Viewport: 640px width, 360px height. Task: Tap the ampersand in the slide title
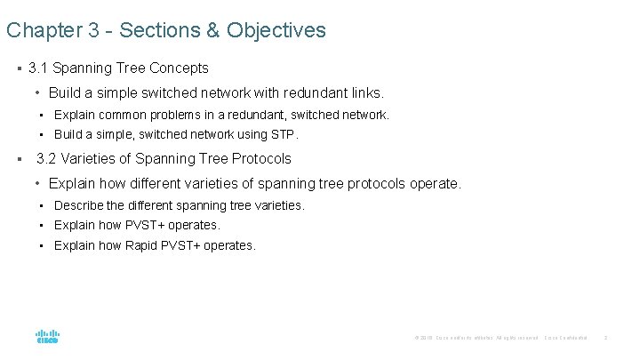coord(212,30)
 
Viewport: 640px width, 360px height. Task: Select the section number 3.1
coord(39,68)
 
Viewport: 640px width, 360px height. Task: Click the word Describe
coord(80,205)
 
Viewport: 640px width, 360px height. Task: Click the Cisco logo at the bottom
coord(47,337)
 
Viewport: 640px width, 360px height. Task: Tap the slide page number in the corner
coord(605,338)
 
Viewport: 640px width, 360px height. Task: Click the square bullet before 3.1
coord(19,68)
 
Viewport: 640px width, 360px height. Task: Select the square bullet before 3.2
coord(19,159)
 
